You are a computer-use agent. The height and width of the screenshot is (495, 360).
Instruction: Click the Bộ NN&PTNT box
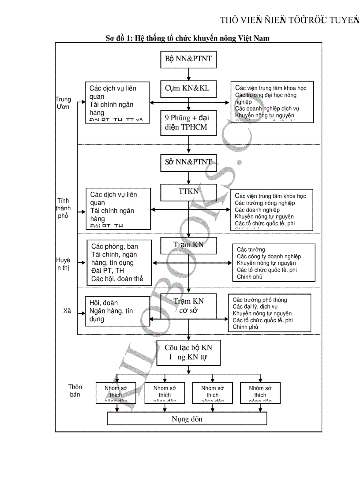tap(189, 59)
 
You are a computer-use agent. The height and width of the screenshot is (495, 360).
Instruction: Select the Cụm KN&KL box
tap(189, 89)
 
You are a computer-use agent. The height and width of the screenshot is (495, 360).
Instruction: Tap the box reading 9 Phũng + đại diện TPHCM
tap(189, 123)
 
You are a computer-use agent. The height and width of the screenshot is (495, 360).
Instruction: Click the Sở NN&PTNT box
tap(189, 162)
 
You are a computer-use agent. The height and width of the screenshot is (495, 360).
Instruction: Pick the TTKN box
tap(189, 192)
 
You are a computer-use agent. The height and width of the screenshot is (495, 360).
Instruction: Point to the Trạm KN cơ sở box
tap(189, 305)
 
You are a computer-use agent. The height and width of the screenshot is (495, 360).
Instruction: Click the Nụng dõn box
tap(187, 419)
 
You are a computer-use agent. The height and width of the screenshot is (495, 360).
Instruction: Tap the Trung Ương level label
tap(63, 103)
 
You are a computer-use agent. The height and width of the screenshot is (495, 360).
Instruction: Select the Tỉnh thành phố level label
tap(63, 208)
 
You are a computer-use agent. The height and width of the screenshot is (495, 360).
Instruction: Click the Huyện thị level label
tap(63, 263)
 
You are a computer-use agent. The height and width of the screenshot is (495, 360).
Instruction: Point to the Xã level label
tap(67, 311)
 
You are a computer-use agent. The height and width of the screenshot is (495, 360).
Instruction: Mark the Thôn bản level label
tap(75, 391)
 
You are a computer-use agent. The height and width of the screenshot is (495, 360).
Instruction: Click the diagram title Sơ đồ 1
tap(187, 38)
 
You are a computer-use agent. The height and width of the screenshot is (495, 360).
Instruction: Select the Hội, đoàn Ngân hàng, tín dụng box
tap(117, 311)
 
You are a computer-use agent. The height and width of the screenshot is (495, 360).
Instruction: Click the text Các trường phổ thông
tap(259, 300)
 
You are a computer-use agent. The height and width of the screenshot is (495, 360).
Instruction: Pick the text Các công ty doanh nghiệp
tap(269, 257)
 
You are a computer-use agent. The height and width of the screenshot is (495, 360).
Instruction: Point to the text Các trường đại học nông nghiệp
tap(266, 98)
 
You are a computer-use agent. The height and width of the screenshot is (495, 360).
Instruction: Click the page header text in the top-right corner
tap(289, 20)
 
